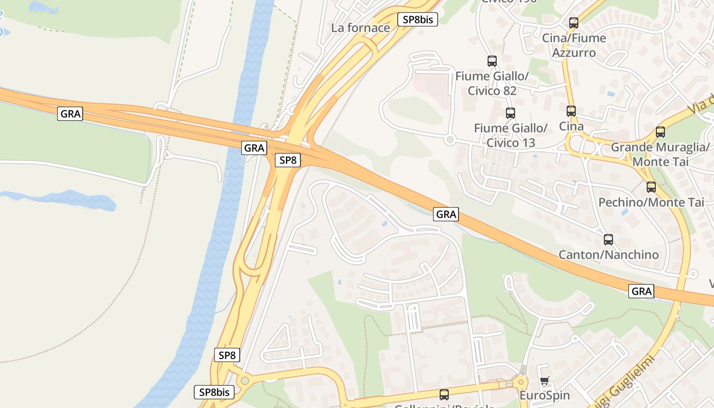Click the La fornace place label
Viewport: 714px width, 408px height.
pos(361,28)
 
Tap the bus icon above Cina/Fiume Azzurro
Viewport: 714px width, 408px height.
pos(574,23)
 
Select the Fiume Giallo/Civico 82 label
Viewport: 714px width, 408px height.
pos(492,84)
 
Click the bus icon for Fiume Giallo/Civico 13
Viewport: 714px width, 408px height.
pos(510,113)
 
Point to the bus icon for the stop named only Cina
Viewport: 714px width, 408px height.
pos(571,111)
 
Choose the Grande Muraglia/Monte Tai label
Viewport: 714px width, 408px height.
pos(660,155)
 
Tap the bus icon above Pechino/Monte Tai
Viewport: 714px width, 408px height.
pos(651,187)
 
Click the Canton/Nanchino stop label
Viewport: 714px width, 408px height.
pos(609,254)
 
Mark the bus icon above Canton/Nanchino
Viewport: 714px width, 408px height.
pos(608,240)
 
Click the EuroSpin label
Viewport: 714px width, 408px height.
pos(545,395)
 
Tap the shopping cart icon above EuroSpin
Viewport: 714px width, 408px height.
pos(545,381)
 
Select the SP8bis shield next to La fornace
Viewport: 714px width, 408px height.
pos(418,20)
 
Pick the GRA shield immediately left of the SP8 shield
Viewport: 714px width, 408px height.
pos(254,148)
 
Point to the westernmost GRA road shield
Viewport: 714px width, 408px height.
pos(70,114)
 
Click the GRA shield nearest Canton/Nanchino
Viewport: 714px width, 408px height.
pos(642,291)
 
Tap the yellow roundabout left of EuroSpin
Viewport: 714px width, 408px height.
pos(521,381)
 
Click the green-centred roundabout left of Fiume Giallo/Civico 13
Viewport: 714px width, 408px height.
pos(449,139)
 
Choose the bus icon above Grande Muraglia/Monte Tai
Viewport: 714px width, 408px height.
pos(660,132)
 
